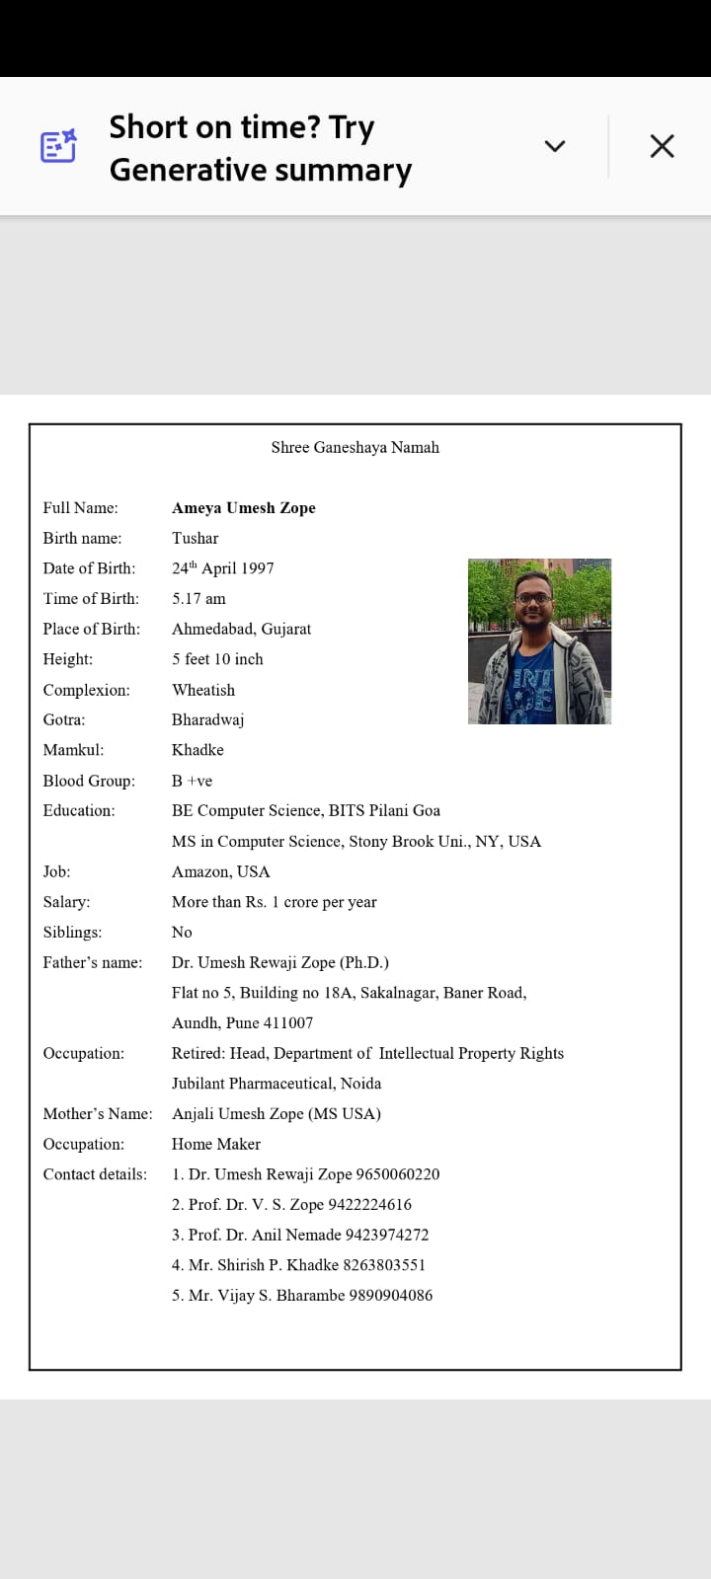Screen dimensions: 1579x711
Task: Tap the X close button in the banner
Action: pos(662,146)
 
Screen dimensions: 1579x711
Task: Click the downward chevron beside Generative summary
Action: pos(555,146)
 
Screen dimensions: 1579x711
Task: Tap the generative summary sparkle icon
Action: pos(58,146)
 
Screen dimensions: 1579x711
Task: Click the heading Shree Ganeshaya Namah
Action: pos(355,447)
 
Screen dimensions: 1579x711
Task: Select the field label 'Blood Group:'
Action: pos(89,781)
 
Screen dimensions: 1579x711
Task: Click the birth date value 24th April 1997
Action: pos(223,568)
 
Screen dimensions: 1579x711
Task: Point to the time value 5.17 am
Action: pos(198,598)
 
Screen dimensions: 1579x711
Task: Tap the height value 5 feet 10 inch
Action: pos(217,659)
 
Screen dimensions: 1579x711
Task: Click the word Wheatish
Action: pos(203,690)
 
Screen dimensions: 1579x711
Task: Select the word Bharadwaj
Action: pos(207,719)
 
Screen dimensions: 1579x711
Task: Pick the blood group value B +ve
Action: pos(192,781)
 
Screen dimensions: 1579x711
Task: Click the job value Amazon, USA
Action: pos(220,871)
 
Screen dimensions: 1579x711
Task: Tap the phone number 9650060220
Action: pos(398,1174)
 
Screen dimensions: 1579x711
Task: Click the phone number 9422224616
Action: pos(370,1204)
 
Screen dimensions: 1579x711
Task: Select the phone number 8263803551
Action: pos(384,1265)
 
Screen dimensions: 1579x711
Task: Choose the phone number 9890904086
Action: pos(391,1295)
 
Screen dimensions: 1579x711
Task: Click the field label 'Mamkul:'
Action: pos(73,750)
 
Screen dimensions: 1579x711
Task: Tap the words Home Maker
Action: pos(216,1144)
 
